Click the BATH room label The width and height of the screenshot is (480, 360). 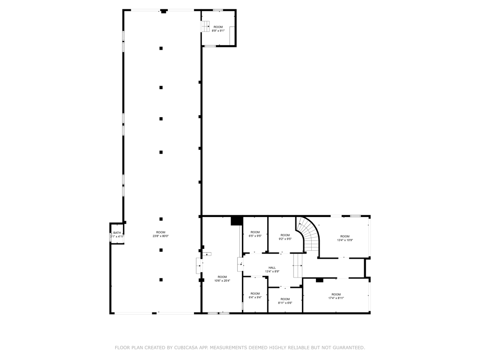coord(117,233)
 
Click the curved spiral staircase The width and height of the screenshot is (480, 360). coord(308,234)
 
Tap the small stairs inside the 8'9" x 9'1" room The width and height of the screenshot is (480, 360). coord(205,27)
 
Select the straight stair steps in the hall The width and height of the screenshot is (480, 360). coord(298,266)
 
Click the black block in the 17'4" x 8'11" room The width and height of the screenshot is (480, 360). coord(320,280)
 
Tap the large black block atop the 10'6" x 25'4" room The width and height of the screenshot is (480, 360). coord(237,221)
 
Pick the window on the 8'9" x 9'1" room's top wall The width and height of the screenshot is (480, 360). coord(218,10)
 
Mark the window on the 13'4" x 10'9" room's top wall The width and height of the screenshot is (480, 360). coord(355,216)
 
